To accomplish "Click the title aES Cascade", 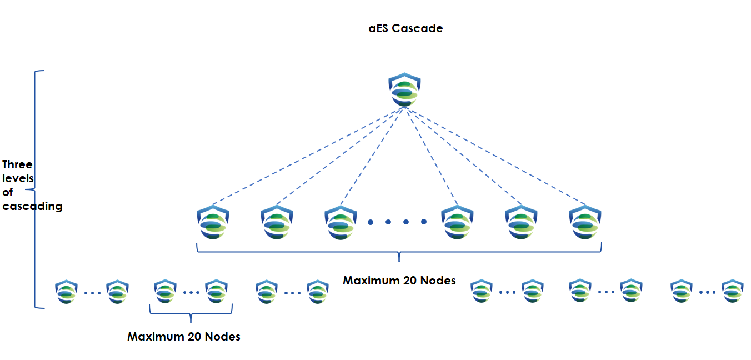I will point(405,28).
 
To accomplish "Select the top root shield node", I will point(405,90).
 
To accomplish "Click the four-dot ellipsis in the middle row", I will point(397,222).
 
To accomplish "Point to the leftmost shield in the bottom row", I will point(66,292).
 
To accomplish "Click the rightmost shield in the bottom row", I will point(732,292).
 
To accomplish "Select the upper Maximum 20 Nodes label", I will point(399,281).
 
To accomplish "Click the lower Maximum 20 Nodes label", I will point(184,337).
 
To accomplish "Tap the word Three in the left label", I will point(17,164).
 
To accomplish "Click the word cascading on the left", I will point(32,207).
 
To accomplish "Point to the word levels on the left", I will point(18,178).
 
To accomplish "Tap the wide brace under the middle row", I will point(399,252).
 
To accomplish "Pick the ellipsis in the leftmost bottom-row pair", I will point(92,292).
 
